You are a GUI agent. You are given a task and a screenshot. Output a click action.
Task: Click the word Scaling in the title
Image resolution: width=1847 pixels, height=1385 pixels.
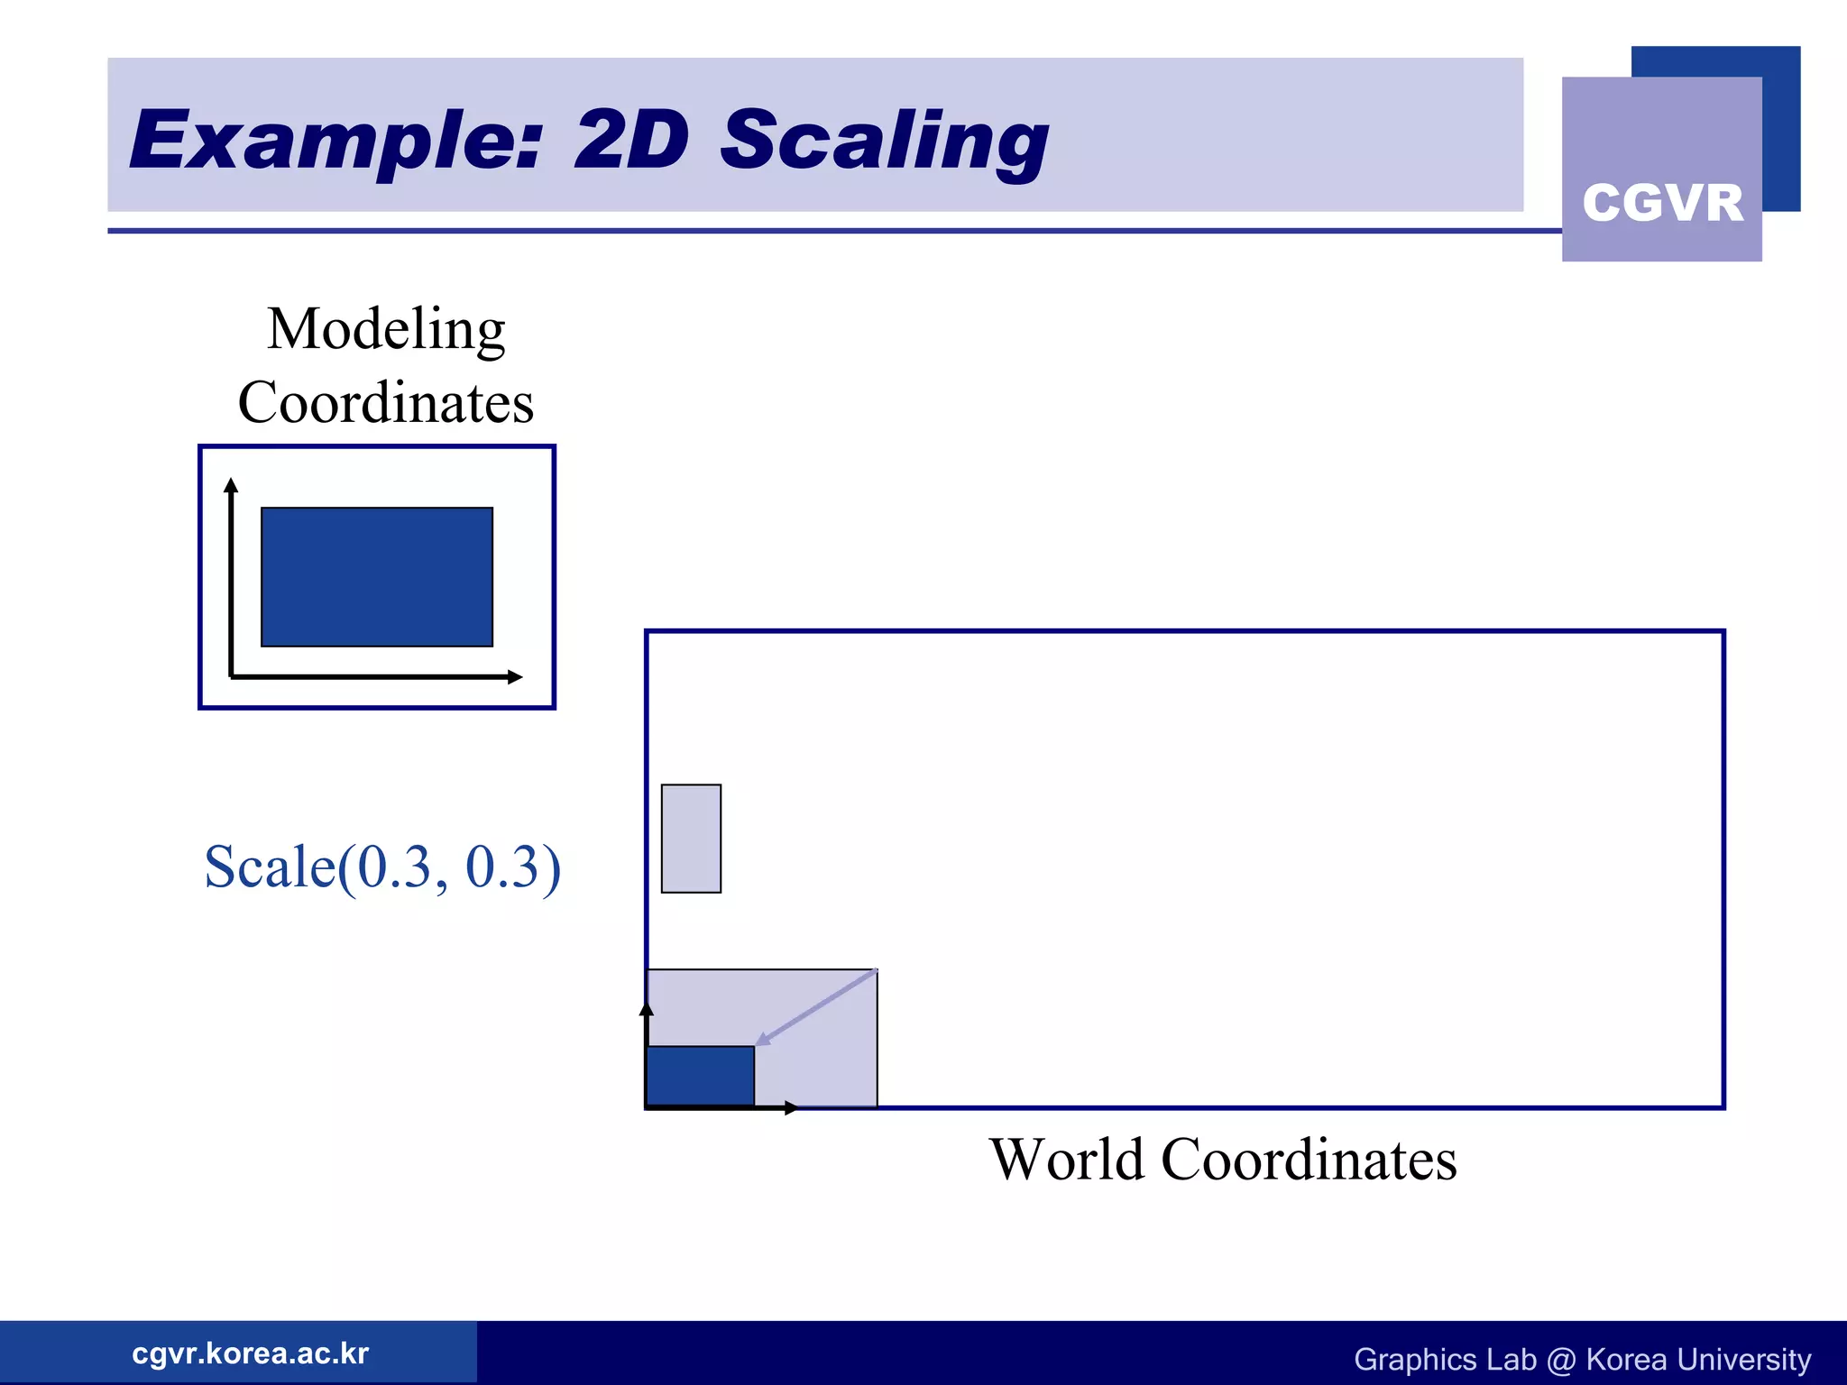884,141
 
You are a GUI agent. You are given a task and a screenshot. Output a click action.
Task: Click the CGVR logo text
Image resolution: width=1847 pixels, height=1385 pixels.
1662,202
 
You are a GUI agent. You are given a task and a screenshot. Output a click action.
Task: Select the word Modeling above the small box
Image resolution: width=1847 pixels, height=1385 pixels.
386,329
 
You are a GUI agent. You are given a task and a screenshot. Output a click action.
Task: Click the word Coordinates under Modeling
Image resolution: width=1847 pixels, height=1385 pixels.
386,402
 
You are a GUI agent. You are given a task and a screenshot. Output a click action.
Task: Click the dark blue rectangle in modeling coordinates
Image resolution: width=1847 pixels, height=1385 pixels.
377,577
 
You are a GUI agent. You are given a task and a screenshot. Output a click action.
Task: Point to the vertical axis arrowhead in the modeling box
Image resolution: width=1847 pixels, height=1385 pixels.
231,485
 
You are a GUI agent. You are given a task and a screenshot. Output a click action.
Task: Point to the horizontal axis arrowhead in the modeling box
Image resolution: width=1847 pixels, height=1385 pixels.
515,676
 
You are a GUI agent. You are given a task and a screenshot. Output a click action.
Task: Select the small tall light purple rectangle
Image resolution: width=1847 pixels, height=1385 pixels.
691,839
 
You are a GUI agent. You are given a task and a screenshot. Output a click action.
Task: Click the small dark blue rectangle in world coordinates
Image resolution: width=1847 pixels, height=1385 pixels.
701,1075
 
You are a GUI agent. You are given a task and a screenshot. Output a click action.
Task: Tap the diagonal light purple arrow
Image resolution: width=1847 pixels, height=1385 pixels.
817,1006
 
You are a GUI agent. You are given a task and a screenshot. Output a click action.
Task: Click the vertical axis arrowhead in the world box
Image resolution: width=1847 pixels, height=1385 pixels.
646,1008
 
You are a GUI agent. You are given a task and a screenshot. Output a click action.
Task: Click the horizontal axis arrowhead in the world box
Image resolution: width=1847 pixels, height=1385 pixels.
791,1107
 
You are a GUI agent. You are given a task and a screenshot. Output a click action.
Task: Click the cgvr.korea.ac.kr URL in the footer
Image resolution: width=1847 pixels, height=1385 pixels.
250,1353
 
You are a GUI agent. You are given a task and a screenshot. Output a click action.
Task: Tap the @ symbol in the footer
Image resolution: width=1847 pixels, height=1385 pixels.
1560,1359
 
